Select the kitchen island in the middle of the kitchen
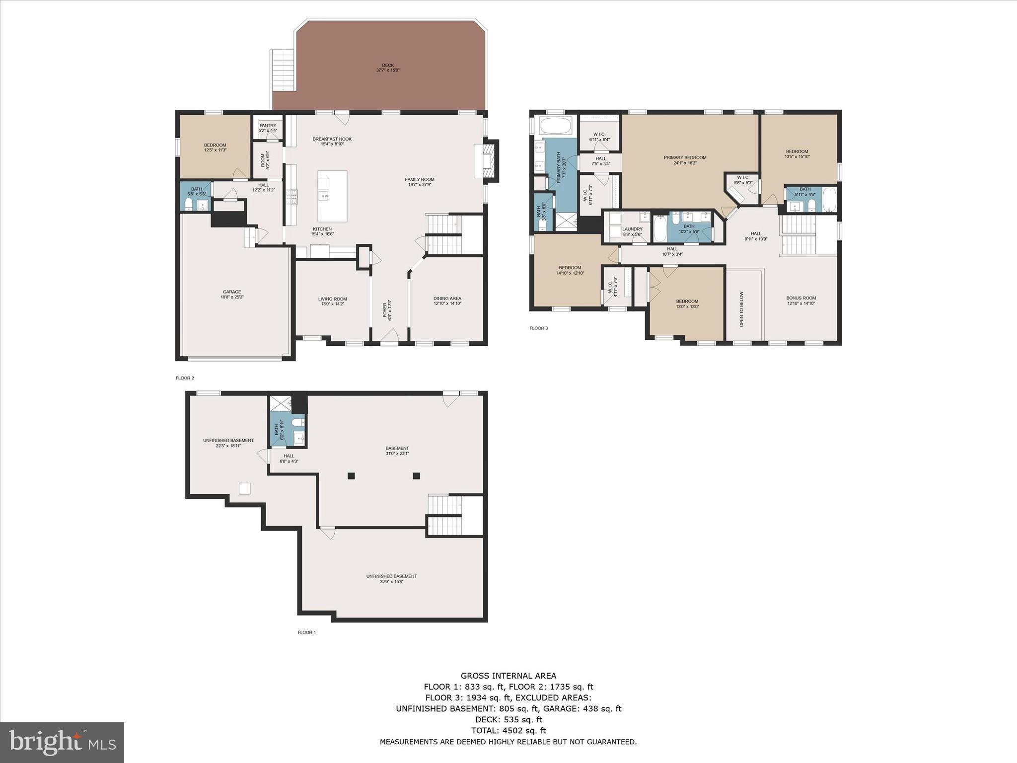[x=332, y=196]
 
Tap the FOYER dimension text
[x=389, y=310]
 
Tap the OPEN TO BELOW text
[x=742, y=309]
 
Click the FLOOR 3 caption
[x=538, y=328]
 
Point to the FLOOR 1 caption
[x=306, y=632]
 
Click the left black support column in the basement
[x=351, y=476]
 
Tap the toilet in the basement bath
[x=297, y=422]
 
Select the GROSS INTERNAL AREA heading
[x=508, y=676]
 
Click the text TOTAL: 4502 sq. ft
[x=508, y=730]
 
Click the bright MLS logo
[x=62, y=742]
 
